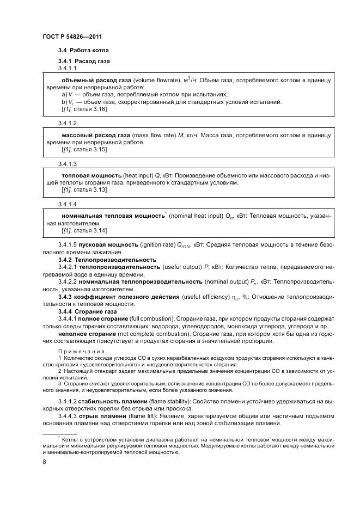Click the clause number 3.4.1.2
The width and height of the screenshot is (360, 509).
click(68, 124)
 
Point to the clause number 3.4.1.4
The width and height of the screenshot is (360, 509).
click(68, 204)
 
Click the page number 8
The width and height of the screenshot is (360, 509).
click(44, 462)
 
